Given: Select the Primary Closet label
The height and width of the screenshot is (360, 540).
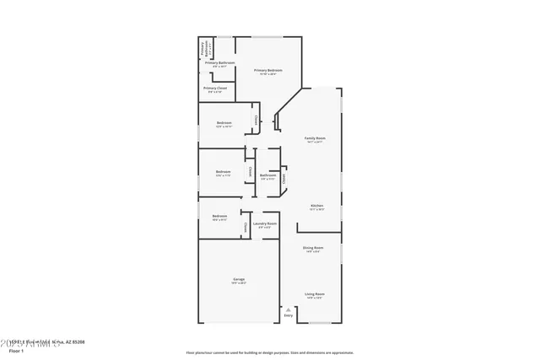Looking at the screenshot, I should pyautogui.click(x=215, y=89).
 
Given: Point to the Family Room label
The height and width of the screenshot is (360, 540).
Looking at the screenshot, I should pyautogui.click(x=315, y=139).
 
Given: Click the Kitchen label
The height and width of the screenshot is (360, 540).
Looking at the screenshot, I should pyautogui.click(x=316, y=207).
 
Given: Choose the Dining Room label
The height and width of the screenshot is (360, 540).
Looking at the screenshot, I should pyautogui.click(x=313, y=249).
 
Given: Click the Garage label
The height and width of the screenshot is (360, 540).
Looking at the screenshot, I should pyautogui.click(x=240, y=280).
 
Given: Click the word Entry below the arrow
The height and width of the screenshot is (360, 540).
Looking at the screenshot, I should pyautogui.click(x=289, y=317).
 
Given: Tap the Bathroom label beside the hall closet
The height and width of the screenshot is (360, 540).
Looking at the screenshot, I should pyautogui.click(x=267, y=176).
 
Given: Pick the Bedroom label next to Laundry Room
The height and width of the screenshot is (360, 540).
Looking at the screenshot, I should pyautogui.click(x=219, y=217).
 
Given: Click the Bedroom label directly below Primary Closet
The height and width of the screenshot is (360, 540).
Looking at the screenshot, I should pyautogui.click(x=224, y=123).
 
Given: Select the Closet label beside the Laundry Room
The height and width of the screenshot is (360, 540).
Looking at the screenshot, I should pyautogui.click(x=246, y=225).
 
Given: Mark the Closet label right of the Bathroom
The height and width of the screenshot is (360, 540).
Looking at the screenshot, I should pyautogui.click(x=284, y=177).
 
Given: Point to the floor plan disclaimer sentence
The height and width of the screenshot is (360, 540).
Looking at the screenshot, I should pyautogui.click(x=269, y=352).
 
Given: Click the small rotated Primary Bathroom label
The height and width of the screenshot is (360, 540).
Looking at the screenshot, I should pyautogui.click(x=203, y=48).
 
